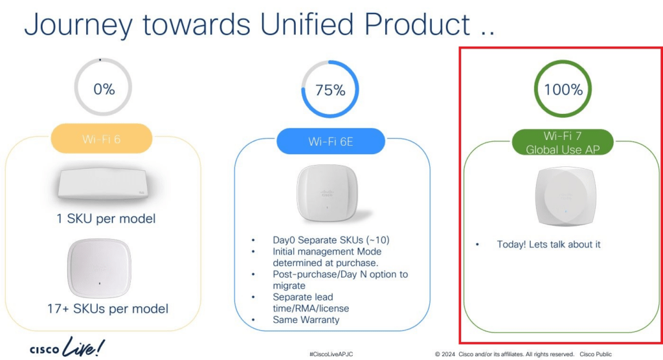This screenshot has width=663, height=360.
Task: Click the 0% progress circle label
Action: pyautogui.click(x=104, y=89)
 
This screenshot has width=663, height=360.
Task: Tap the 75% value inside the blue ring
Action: pyautogui.click(x=330, y=90)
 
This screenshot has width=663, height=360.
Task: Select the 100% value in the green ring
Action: pyautogui.click(x=563, y=89)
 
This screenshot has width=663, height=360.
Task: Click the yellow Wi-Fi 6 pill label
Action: pyautogui.click(x=102, y=139)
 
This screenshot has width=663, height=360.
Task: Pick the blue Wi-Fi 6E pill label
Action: pyautogui.click(x=331, y=141)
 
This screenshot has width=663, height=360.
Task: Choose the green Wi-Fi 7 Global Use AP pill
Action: pyautogui.click(x=563, y=142)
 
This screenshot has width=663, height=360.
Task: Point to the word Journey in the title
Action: pyautogui.click(x=78, y=25)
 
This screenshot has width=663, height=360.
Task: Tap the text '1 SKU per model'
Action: pyautogui.click(x=106, y=218)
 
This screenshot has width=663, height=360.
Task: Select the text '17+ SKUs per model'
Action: pyautogui.click(x=107, y=308)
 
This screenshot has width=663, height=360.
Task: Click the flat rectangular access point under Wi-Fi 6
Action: pyautogui.click(x=103, y=183)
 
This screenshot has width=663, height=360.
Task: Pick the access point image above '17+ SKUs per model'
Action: pyautogui.click(x=99, y=268)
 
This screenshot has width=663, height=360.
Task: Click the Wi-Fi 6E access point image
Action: pyautogui.click(x=328, y=193)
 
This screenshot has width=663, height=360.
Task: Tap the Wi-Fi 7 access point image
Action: pyautogui.click(x=566, y=196)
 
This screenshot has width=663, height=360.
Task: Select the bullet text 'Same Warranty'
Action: pyautogui.click(x=306, y=320)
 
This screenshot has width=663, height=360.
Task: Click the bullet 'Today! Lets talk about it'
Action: pyautogui.click(x=548, y=244)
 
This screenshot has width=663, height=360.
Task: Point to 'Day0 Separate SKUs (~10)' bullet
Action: pyautogui.click(x=331, y=240)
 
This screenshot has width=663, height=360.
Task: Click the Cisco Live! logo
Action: pyautogui.click(x=67, y=347)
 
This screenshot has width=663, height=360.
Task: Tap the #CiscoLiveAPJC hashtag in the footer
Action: pyautogui.click(x=331, y=354)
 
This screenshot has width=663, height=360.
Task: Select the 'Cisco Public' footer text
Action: pyautogui.click(x=596, y=354)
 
